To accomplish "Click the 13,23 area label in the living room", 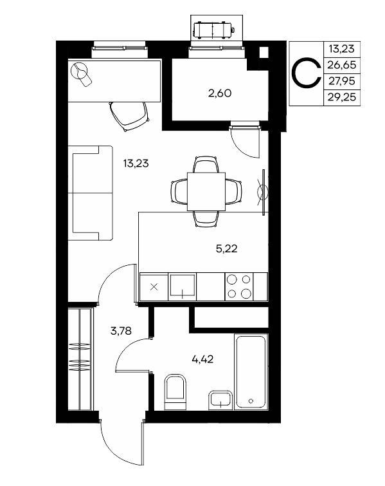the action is tap(136, 164).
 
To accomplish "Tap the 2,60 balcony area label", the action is tap(220, 93).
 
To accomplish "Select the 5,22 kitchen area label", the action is tap(226, 248).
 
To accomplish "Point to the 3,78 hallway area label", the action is tap(121, 332).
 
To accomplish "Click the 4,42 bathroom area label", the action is tap(202, 360).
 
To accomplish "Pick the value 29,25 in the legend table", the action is tap(342, 98).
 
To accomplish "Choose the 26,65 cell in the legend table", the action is tap(342, 65).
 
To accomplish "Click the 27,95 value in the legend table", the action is tap(342, 81).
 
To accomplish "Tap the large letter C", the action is tap(306, 73).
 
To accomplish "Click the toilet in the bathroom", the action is tap(175, 392).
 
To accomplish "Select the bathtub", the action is tap(251, 371).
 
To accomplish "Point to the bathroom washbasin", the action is tap(220, 400).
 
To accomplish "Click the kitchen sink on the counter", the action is tap(183, 286).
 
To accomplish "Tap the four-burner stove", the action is tap(239, 286).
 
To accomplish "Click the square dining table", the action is tap(206, 192).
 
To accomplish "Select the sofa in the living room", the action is tap(90, 193).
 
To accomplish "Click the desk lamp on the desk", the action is tap(81, 74).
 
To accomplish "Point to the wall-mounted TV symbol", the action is tap(263, 192).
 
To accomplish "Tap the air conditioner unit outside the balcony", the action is tap(214, 30).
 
